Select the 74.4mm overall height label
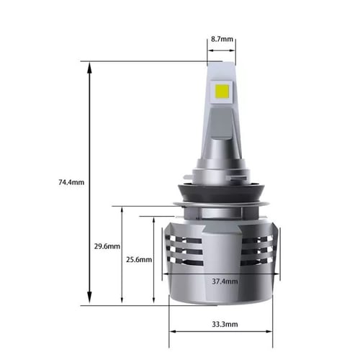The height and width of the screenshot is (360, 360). [70, 181]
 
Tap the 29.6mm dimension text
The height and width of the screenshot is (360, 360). [106, 246]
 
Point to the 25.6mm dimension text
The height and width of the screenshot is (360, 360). [138, 259]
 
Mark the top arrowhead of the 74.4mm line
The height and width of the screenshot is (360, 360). [89, 66]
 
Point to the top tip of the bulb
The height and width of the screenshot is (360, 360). [220, 61]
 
